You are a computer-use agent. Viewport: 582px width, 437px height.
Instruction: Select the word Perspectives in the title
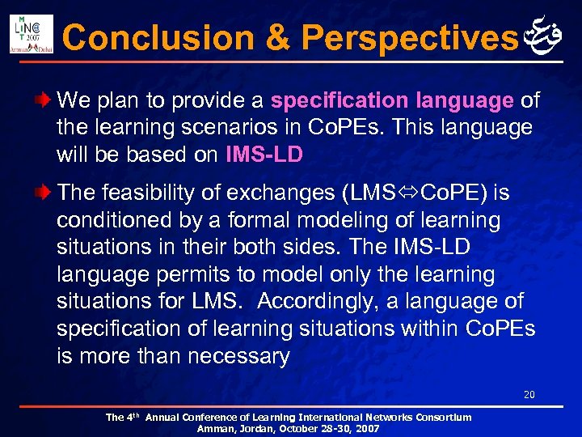(x=408, y=37)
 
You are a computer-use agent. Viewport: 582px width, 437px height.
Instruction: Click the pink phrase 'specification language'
(x=392, y=101)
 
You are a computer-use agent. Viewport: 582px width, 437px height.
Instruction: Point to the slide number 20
(x=529, y=395)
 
